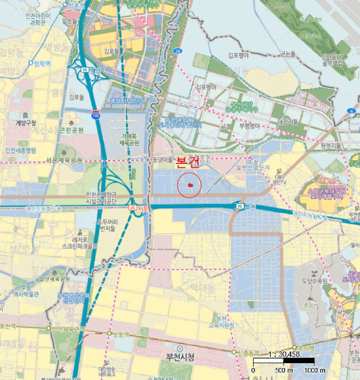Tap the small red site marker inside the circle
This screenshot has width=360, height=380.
(189, 185)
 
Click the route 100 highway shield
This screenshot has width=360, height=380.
(96, 116)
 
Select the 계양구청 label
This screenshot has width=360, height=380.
(26, 122)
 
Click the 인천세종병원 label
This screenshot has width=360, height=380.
(20, 150)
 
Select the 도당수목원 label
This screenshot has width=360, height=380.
(314, 281)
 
